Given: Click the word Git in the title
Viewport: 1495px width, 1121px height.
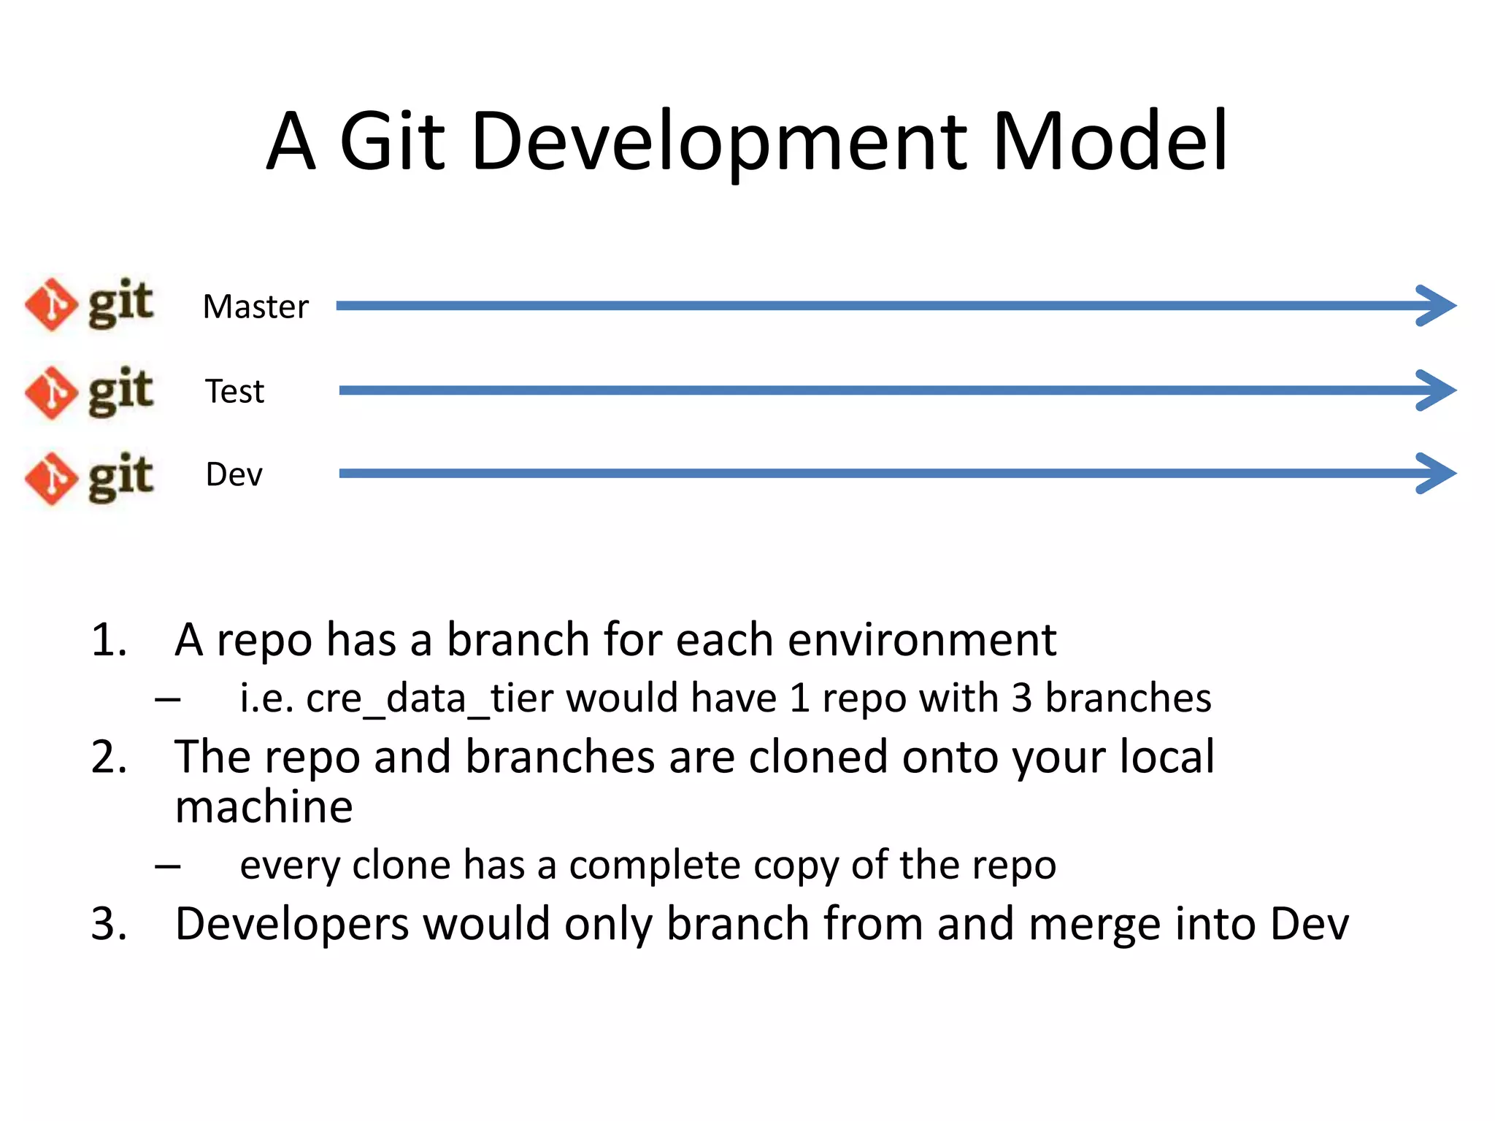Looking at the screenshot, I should click(392, 140).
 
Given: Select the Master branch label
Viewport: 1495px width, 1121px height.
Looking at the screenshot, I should click(255, 307).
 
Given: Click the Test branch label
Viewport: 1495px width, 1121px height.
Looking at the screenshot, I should click(234, 391).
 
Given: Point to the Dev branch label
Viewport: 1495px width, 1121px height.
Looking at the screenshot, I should click(234, 474).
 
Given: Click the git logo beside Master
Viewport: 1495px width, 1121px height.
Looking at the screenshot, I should click(89, 304).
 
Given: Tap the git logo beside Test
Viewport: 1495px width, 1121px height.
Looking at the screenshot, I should click(89, 392).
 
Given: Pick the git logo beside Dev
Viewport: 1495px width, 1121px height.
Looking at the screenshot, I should click(89, 478).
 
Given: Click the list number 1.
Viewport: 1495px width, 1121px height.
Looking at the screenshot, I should click(108, 640).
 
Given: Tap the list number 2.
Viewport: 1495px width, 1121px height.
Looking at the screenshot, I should click(108, 757).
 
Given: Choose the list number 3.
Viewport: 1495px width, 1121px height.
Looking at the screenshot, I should click(108, 924).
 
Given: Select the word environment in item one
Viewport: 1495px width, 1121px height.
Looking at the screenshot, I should click(921, 640).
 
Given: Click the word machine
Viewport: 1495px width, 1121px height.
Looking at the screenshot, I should click(264, 807).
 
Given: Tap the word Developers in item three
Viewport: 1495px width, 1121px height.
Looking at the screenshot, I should click(292, 924).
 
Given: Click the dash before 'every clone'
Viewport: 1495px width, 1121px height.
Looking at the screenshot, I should click(168, 866).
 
